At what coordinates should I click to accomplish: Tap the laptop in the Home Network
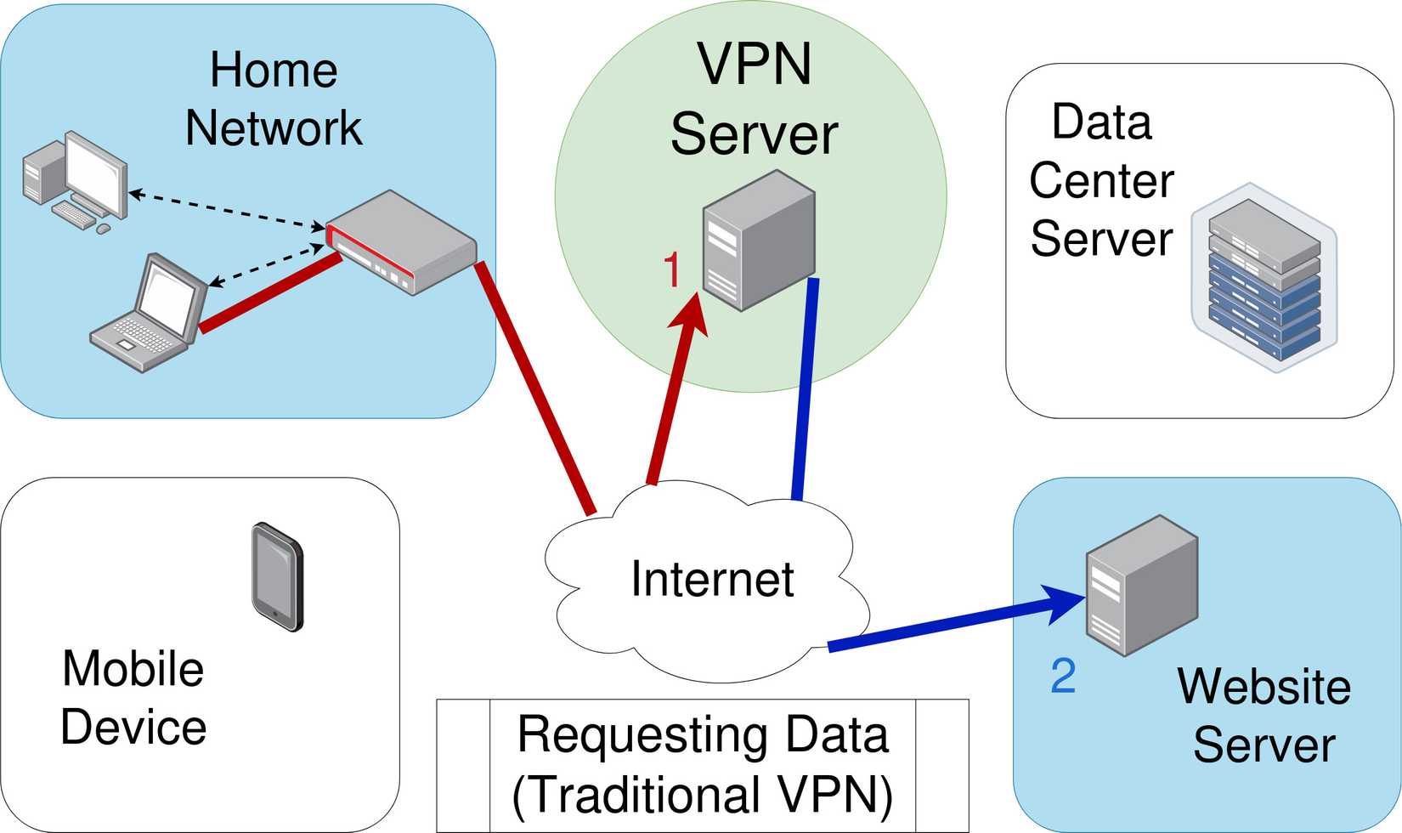point(149,313)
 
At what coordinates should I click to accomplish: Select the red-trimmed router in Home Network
point(401,241)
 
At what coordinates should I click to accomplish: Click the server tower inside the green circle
point(760,240)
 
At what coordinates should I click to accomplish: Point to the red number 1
point(671,269)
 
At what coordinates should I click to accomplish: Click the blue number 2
point(1063,676)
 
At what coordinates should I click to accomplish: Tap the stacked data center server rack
point(1264,277)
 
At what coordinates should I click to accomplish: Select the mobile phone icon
point(277,577)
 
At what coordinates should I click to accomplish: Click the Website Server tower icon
point(1142,585)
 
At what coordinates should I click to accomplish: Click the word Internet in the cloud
point(712,578)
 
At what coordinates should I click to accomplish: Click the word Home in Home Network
point(274,70)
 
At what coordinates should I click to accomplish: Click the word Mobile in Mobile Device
point(133,669)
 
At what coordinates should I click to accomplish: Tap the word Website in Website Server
point(1263,687)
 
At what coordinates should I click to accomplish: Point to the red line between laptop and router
point(270,293)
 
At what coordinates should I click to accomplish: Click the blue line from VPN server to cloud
point(805,389)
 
